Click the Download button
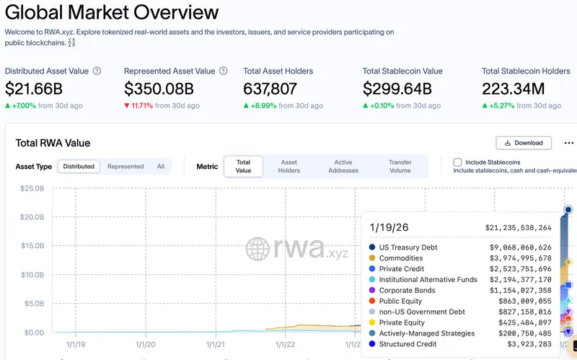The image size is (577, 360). coord(524,143)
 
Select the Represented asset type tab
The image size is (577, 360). coord(125,167)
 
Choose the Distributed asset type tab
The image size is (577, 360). coord(79,167)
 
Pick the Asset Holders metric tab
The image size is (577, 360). coord(289,167)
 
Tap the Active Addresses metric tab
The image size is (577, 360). coord(343,167)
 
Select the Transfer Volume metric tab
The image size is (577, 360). coord(400,167)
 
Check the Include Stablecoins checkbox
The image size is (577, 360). coord(457,162)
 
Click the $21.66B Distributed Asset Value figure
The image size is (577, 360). coord(33,89)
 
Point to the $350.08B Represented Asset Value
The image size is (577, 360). coord(159,89)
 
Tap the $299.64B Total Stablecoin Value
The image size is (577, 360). coord(397,89)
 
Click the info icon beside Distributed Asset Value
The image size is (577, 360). coord(97,71)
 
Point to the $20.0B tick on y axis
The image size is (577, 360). coord(32,217)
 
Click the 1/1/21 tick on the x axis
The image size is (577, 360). coord(216,345)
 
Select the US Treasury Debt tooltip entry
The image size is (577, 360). coord(408,247)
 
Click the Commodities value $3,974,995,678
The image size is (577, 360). coord(515,258)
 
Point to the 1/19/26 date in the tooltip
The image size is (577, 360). coord(389,227)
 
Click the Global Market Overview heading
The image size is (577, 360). coord(112,13)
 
